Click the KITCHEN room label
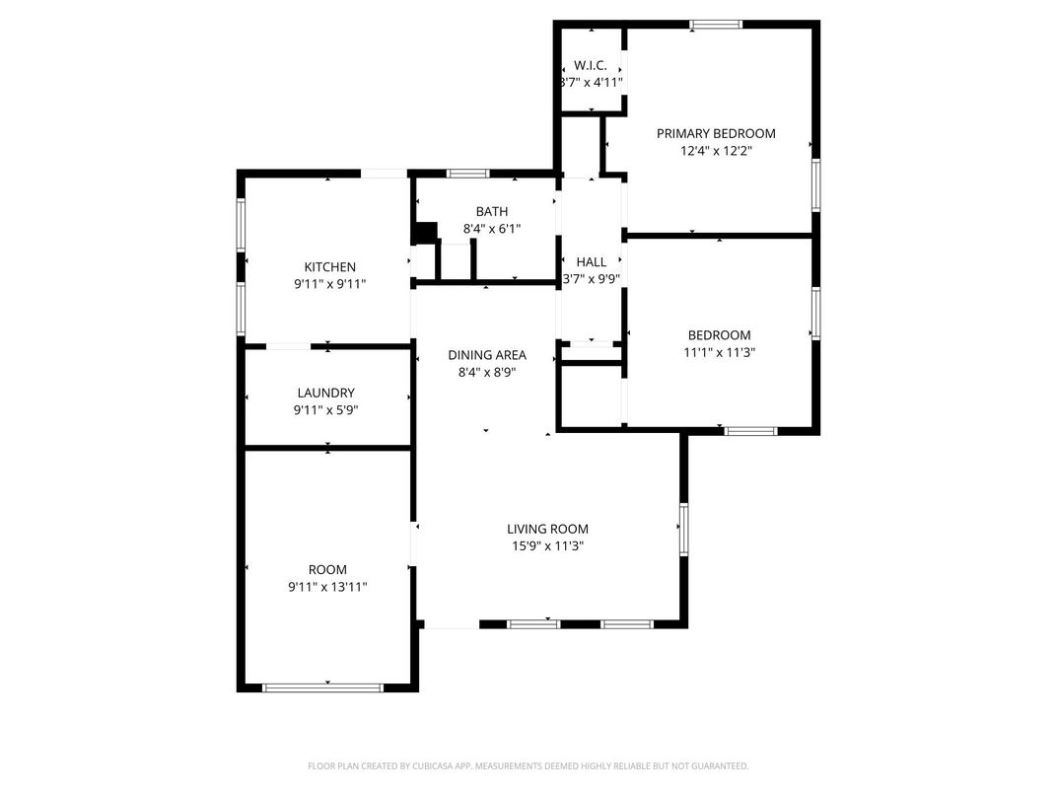329,267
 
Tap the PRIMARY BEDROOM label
716,133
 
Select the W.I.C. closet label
591,65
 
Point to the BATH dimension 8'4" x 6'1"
491,229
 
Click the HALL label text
592,261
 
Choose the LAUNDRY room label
325,393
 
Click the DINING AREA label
487,355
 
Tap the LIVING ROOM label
547,530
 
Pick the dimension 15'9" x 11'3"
547,546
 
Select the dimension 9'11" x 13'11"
327,587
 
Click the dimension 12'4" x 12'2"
716,150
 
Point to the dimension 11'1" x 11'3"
719,352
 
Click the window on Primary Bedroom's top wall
716,25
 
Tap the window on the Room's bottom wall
322,687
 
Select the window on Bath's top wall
468,174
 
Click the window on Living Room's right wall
683,530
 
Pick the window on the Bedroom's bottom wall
751,431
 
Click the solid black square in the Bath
425,233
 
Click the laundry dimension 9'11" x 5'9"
325,410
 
